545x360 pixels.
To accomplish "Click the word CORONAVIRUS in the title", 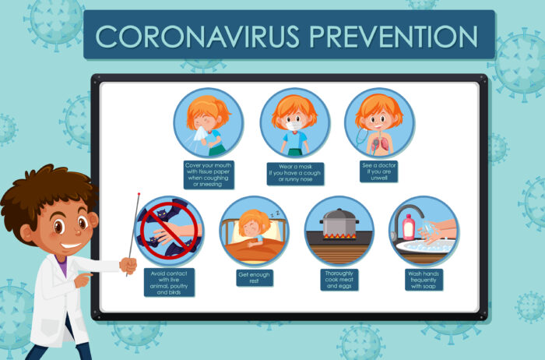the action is pos(197,36).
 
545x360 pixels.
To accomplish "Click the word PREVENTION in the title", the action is pos(393,36).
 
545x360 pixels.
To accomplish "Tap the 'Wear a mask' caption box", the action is pos(295,173).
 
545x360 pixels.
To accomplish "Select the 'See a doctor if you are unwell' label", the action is pos(378,171).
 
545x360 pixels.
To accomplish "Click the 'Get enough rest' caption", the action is pos(255,278).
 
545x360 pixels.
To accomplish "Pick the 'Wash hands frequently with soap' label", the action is pos(424,280).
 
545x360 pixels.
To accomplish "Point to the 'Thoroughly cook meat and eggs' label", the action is pos(339,279).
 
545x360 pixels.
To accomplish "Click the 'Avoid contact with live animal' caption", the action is pos(169,282).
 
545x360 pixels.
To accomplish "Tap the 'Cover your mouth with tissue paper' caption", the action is pos(209,175).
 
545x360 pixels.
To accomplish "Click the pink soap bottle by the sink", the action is pos(409,227).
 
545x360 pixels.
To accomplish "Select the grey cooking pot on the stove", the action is pos(339,222).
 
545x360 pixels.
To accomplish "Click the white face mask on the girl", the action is pos(294,126).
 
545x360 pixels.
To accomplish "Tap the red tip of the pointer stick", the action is pos(139,194).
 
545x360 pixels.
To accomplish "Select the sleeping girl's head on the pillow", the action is pos(252,224).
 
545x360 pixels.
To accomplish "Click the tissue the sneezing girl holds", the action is pos(201,133).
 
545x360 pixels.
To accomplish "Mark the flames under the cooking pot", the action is pos(341,236).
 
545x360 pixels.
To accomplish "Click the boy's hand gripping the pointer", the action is pos(128,265).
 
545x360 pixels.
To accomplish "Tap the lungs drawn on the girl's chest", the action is pos(380,143).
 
